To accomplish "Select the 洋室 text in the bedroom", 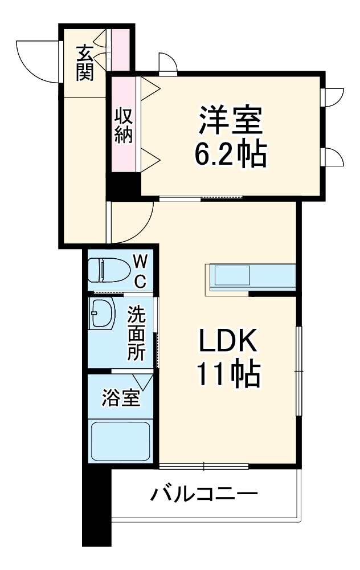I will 230,120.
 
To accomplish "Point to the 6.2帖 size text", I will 230,153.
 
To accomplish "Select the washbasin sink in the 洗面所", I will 103,313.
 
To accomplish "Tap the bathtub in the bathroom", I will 120,442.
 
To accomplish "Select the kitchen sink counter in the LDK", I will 251,277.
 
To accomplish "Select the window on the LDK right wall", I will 298,370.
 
